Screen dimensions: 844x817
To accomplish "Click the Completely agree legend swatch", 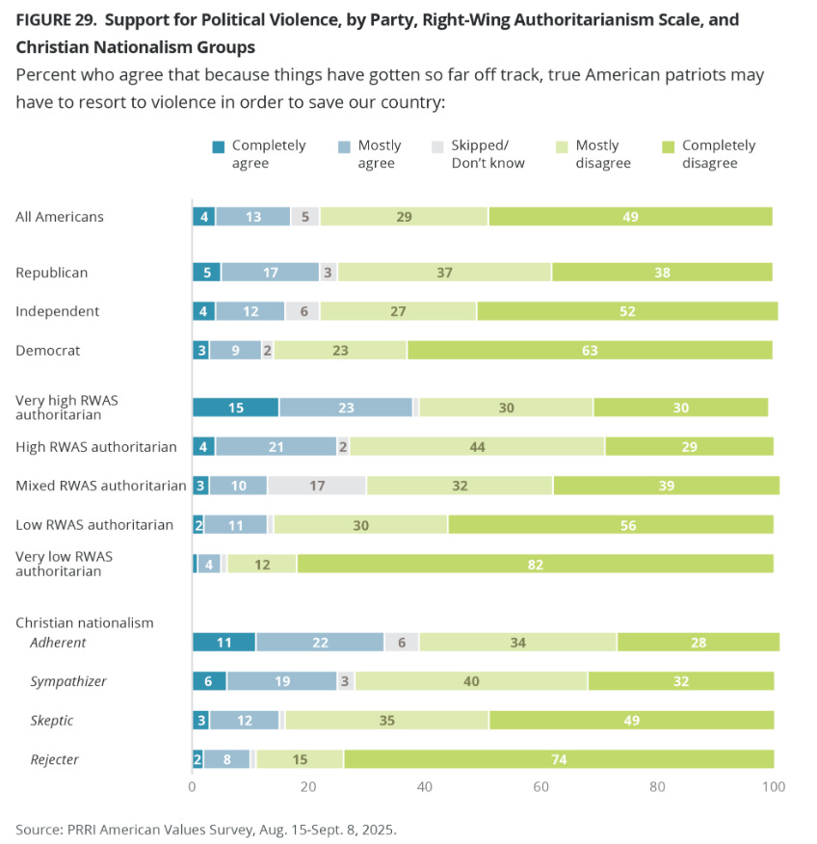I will (x=218, y=146).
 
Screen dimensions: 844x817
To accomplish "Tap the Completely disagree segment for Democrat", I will (x=590, y=350).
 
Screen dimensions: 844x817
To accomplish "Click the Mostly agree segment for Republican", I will (x=270, y=273).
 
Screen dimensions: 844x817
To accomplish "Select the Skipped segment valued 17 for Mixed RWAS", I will (x=317, y=486).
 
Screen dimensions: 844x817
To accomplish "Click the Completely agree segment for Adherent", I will (x=224, y=642).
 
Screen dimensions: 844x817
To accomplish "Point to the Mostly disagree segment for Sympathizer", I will (x=471, y=681).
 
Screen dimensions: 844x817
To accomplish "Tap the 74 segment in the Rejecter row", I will (x=558, y=759).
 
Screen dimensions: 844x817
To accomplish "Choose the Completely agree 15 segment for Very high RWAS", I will (x=236, y=408).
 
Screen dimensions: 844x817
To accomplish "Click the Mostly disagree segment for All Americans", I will (x=404, y=217).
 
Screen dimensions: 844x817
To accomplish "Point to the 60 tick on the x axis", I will (x=540, y=787).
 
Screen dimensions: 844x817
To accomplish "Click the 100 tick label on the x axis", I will (x=773, y=787).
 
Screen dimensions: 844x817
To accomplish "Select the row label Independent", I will (x=57, y=311).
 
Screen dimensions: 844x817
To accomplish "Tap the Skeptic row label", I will (x=52, y=721).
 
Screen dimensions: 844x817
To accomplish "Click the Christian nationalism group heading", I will (x=85, y=622).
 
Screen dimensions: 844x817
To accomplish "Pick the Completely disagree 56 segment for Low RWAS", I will (x=610, y=524).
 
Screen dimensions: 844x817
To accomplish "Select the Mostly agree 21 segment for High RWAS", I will (x=276, y=446).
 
